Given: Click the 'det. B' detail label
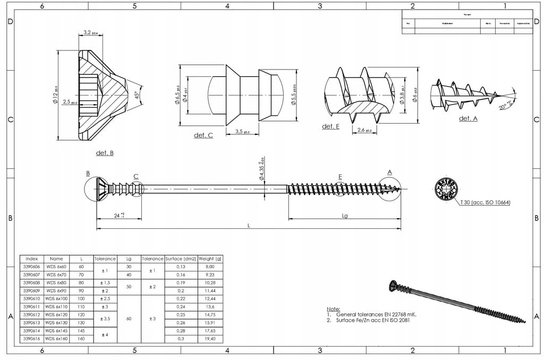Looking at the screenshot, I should [x=105, y=153].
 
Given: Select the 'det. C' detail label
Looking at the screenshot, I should [x=203, y=135].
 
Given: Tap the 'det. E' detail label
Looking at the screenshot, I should [x=330, y=126].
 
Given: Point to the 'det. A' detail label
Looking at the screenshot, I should [x=468, y=118].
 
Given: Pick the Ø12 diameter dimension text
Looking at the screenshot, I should [x=55, y=95].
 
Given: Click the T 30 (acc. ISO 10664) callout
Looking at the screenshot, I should [x=484, y=202].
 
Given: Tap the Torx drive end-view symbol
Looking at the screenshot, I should [x=446, y=189].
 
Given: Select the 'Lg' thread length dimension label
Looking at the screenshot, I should [x=344, y=216].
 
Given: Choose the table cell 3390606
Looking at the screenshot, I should [x=31, y=267].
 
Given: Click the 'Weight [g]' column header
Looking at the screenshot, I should [x=210, y=259].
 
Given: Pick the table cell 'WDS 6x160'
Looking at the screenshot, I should [x=56, y=338].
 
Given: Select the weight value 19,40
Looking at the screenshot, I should [x=210, y=338].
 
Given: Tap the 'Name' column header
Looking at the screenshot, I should [x=56, y=259].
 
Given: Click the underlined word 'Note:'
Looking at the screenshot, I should [x=333, y=308].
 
